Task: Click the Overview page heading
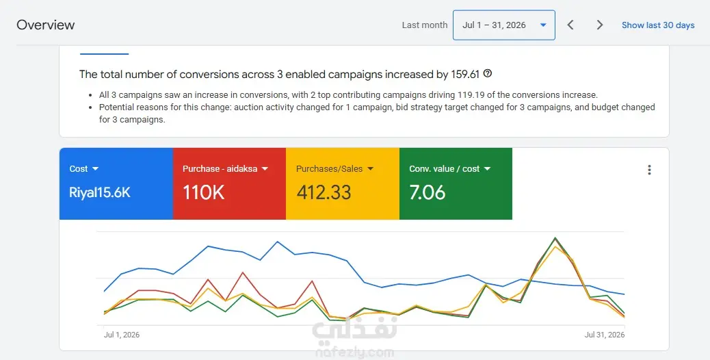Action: [46, 25]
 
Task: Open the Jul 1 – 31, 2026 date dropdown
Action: [504, 25]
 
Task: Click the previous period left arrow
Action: [570, 25]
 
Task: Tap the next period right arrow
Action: [600, 25]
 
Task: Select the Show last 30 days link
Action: [658, 25]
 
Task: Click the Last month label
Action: [425, 25]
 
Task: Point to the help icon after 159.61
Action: [488, 73]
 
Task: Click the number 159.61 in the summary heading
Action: [465, 75]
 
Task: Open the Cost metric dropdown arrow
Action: [95, 169]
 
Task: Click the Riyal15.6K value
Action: [100, 193]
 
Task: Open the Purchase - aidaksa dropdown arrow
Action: [265, 169]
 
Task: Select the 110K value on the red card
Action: [203, 192]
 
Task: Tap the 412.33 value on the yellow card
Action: [324, 192]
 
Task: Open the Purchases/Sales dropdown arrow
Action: [371, 169]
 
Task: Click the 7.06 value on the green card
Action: [428, 192]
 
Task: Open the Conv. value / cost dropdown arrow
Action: [487, 169]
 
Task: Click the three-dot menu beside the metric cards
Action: [649, 170]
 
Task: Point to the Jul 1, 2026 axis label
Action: [122, 335]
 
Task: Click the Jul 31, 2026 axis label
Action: [605, 335]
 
